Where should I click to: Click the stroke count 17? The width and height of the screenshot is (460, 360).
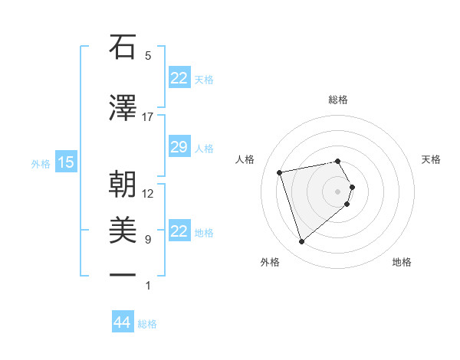148,117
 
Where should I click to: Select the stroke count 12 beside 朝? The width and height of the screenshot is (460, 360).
148,193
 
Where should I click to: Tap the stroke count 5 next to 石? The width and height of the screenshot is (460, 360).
148,56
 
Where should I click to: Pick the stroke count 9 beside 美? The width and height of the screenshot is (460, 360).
148,240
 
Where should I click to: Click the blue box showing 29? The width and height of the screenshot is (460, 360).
179,147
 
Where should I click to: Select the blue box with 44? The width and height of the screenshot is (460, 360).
122,322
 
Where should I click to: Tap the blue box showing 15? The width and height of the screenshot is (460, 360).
66,162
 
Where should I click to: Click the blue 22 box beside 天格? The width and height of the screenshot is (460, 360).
179,78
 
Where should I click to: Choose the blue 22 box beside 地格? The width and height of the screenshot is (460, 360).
179,231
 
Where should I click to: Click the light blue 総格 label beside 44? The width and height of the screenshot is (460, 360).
148,324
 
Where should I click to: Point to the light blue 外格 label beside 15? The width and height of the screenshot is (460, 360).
41,163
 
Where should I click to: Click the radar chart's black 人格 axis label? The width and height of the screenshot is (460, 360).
245,159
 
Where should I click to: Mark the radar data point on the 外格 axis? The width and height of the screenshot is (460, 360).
301,242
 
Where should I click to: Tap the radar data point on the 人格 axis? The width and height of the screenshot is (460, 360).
280,172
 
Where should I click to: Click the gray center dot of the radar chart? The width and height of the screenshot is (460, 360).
337,191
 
